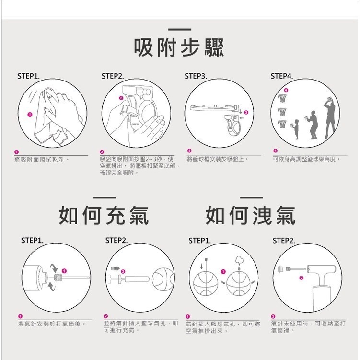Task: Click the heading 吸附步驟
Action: click(x=179, y=47)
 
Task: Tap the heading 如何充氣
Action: click(x=104, y=215)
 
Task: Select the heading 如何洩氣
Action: click(x=251, y=215)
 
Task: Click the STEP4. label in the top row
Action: click(x=282, y=76)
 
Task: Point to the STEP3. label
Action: click(x=196, y=76)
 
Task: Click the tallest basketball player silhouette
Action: click(x=330, y=117)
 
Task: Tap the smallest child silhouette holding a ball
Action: click(x=295, y=129)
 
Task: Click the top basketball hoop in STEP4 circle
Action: click(x=282, y=98)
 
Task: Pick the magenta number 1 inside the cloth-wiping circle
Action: click(x=30, y=115)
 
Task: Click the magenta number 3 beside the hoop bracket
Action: click(x=246, y=112)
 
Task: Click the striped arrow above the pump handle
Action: click(x=115, y=268)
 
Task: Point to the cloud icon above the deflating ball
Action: click(x=239, y=260)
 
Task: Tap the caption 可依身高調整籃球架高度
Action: click(x=306, y=159)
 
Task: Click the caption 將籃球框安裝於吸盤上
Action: click(x=218, y=159)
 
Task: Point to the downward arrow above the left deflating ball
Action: click(x=202, y=266)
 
